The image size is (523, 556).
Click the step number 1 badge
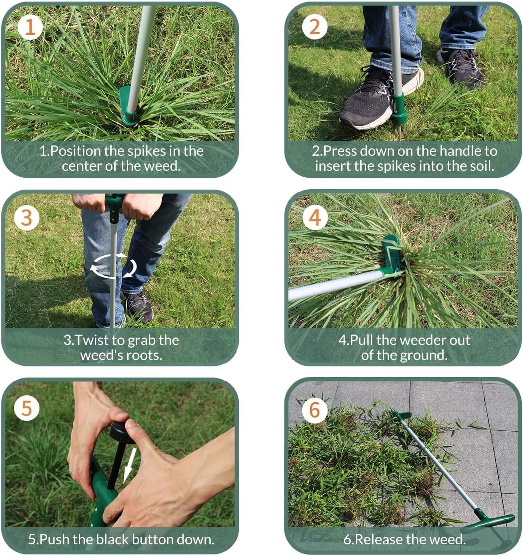click(30, 27)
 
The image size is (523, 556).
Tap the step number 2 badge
click(315, 27)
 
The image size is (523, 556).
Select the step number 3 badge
click(26, 217)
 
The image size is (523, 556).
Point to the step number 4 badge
click(315, 217)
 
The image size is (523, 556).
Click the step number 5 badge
click(26, 408)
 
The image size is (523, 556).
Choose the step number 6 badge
click(315, 409)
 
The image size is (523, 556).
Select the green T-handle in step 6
click(491, 521)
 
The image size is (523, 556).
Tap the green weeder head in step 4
click(392, 255)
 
